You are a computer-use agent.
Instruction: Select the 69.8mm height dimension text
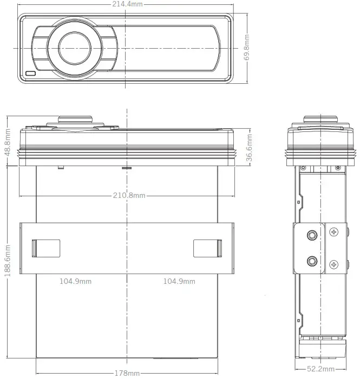(246, 48)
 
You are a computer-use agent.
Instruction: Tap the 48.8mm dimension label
(8, 142)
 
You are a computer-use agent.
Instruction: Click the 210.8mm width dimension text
(129, 195)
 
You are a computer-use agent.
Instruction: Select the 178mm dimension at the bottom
(128, 373)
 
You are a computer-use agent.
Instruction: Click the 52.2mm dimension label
(319, 369)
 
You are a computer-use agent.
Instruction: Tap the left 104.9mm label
(75, 281)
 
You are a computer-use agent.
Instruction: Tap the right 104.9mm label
(179, 281)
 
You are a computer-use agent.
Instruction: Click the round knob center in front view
(75, 47)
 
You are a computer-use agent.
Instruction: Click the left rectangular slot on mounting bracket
(45, 248)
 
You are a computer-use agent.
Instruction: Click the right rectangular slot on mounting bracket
(208, 248)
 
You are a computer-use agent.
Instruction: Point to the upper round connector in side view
(312, 235)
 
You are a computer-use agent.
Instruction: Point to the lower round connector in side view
(312, 262)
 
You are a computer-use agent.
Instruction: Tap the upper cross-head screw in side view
(334, 232)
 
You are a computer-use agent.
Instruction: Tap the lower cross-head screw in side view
(334, 264)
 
